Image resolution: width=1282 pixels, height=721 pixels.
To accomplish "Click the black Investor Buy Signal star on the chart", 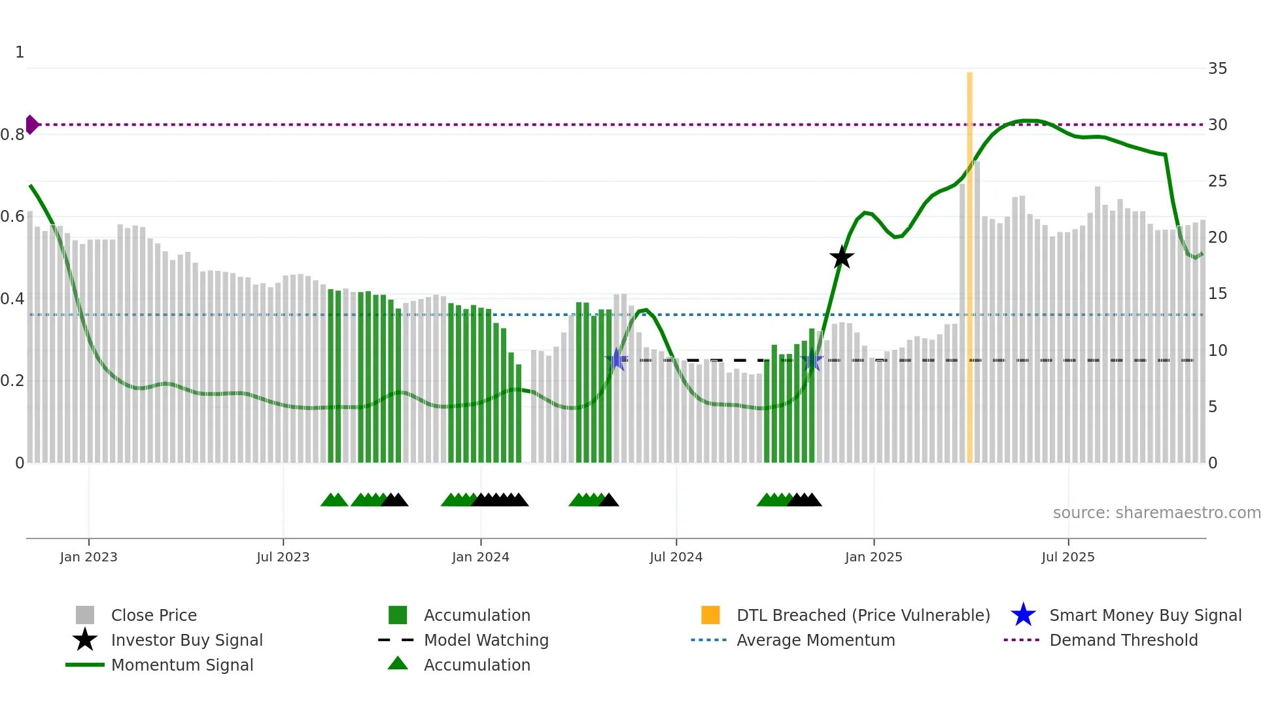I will (842, 258).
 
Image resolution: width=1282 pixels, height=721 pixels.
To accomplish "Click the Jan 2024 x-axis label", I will (480, 557).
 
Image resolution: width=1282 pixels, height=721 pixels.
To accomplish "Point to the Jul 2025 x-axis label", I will (1067, 557).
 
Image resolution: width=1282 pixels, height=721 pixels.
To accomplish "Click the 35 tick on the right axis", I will (1217, 69).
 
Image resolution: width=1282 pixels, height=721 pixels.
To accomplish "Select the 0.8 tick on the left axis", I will (13, 135).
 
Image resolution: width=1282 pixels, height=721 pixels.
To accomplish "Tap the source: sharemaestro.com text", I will (1156, 513).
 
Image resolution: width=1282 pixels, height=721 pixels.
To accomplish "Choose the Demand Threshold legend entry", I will (1123, 640).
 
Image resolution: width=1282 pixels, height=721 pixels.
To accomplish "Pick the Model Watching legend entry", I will (485, 640).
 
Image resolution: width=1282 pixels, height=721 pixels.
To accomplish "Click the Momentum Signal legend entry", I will (182, 665).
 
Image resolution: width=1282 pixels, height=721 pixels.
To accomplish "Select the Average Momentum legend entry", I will (815, 640).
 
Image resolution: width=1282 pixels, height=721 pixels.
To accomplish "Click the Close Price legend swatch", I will (85, 615).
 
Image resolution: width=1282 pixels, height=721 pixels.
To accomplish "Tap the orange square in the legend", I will (710, 615).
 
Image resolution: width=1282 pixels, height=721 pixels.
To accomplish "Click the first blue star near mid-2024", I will (616, 359).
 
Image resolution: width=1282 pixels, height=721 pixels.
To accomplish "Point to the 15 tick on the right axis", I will (1217, 294).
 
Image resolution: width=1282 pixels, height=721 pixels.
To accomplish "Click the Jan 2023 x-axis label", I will (88, 557).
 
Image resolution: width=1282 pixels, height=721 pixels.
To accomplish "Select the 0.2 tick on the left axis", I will (13, 381).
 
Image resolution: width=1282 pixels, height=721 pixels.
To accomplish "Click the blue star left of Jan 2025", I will (812, 360).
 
